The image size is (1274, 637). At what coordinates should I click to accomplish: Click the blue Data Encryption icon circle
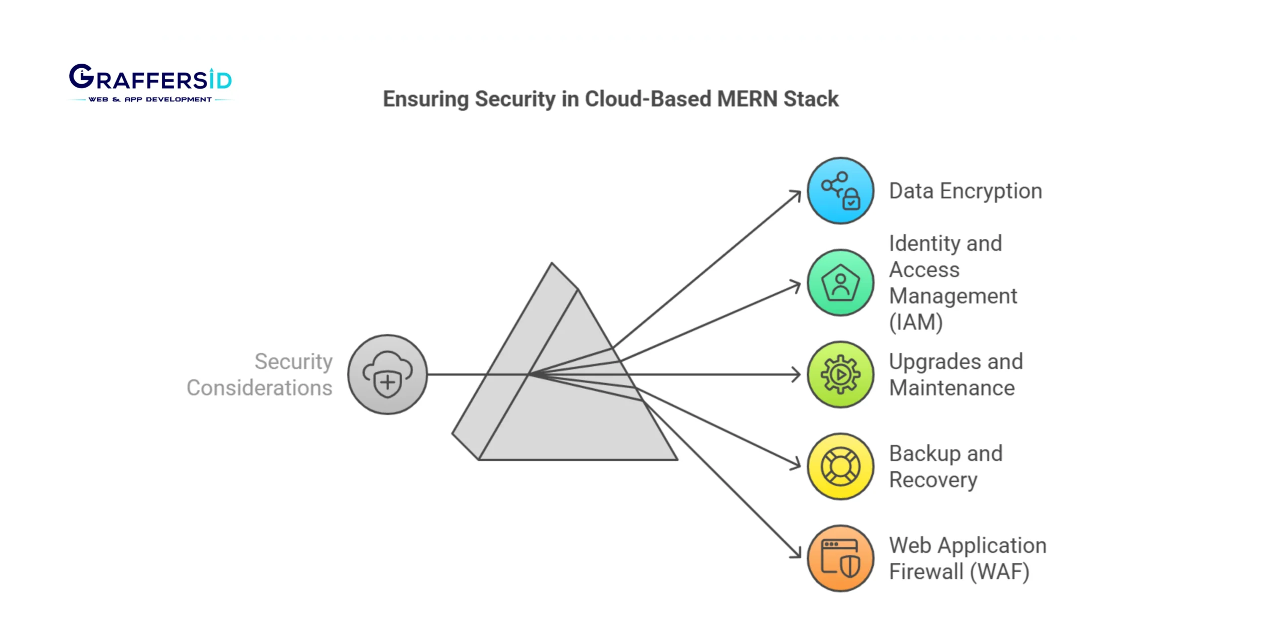point(840,191)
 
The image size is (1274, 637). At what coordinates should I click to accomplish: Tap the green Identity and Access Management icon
point(840,283)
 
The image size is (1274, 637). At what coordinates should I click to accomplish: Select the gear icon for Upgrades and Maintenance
point(840,374)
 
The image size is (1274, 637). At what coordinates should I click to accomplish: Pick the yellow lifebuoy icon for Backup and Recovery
point(840,466)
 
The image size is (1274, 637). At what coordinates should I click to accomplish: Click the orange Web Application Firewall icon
point(840,558)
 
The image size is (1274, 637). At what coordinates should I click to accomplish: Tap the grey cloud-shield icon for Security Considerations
point(387,374)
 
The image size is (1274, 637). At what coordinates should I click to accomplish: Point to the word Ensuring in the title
point(425,99)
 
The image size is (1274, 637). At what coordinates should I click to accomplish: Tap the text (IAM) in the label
point(916,322)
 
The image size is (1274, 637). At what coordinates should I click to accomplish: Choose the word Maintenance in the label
point(952,388)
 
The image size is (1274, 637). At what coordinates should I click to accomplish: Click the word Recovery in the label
point(933,480)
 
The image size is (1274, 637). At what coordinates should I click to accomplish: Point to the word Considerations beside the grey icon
point(259,388)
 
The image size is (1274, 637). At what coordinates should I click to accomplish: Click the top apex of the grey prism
point(552,264)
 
